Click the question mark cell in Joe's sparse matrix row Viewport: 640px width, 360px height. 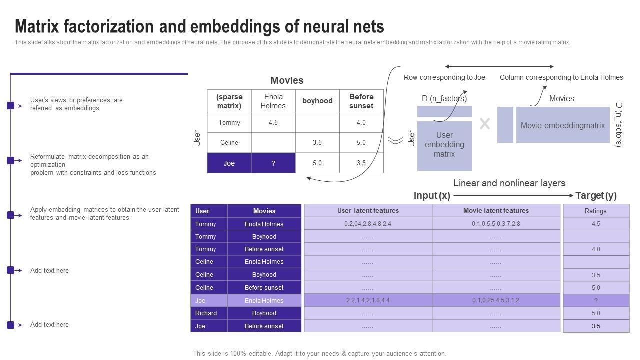273,163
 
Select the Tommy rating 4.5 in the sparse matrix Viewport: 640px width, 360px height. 273,122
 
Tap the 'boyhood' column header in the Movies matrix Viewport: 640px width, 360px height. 317,101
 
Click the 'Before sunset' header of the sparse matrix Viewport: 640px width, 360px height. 361,101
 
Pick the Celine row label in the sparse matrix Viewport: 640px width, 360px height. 229,143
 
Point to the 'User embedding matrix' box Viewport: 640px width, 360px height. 444,145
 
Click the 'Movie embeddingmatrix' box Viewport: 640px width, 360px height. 563,126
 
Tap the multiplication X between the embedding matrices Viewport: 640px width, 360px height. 484,124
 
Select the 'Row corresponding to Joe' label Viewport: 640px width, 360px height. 444,77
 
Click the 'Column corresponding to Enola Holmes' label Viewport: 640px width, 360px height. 561,77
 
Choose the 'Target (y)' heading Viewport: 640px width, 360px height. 596,196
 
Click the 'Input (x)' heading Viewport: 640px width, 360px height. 432,196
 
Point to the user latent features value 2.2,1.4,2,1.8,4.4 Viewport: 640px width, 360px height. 368,300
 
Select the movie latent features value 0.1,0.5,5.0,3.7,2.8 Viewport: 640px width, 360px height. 496,224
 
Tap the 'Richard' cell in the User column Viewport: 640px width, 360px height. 206,313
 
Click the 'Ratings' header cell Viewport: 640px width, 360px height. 596,211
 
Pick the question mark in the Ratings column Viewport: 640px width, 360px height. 596,300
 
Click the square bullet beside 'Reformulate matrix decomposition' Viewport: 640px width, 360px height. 10,160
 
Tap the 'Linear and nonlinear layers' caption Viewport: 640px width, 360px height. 509,183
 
